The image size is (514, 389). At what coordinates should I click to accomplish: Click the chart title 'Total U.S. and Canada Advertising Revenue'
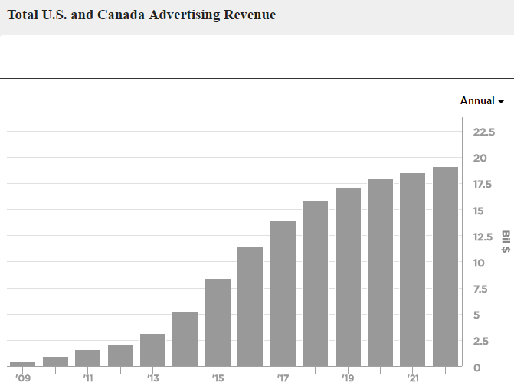tap(141, 15)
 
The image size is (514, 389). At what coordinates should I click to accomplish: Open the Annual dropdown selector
tap(482, 101)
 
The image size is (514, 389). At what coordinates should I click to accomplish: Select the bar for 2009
tap(23, 364)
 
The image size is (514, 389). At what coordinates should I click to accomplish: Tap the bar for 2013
tap(153, 350)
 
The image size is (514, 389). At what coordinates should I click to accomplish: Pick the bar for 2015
tap(218, 322)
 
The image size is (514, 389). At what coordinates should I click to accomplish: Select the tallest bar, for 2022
tap(445, 266)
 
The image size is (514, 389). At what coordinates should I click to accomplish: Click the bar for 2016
tap(250, 306)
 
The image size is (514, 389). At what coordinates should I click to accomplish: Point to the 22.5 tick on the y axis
tap(485, 132)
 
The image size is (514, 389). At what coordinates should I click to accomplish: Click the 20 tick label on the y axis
tap(480, 159)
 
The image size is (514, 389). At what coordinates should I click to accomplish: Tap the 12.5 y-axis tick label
tap(485, 237)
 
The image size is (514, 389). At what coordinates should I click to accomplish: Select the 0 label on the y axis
tap(476, 368)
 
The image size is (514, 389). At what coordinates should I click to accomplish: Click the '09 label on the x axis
tap(21, 378)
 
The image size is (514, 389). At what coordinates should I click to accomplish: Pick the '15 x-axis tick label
tap(218, 378)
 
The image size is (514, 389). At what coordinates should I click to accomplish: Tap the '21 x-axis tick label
tap(412, 378)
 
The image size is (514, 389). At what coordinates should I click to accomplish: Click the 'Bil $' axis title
tap(506, 242)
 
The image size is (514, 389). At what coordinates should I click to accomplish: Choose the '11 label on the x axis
tap(87, 378)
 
